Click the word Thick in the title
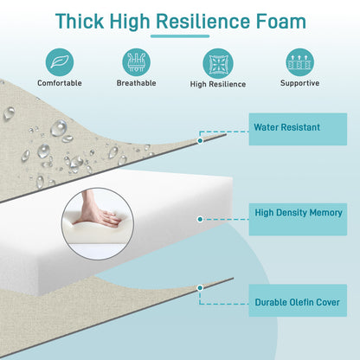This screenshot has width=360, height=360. point(80,21)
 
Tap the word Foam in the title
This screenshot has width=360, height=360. point(281,22)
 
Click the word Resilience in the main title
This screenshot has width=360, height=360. point(202,22)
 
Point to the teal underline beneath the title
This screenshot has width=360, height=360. point(180,36)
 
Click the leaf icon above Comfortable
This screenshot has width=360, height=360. point(60,62)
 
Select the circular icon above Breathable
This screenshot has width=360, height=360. point(137,62)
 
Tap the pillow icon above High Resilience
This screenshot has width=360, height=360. point(218,63)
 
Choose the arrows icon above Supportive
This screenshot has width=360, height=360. point(299,62)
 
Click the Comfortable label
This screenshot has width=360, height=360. point(60,83)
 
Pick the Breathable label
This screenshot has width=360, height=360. point(137,83)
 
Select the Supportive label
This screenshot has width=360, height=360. point(299,83)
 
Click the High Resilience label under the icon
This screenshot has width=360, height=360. point(218,84)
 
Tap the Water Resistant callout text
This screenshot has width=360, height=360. point(287,127)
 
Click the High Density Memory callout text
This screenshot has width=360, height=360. point(299,213)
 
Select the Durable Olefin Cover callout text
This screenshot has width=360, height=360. point(298,302)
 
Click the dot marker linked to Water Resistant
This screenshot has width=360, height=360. point(200,141)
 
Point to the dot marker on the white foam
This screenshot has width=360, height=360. point(200,219)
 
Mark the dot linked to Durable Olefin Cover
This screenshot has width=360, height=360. point(200,288)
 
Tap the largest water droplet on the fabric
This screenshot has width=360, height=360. point(59,128)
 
